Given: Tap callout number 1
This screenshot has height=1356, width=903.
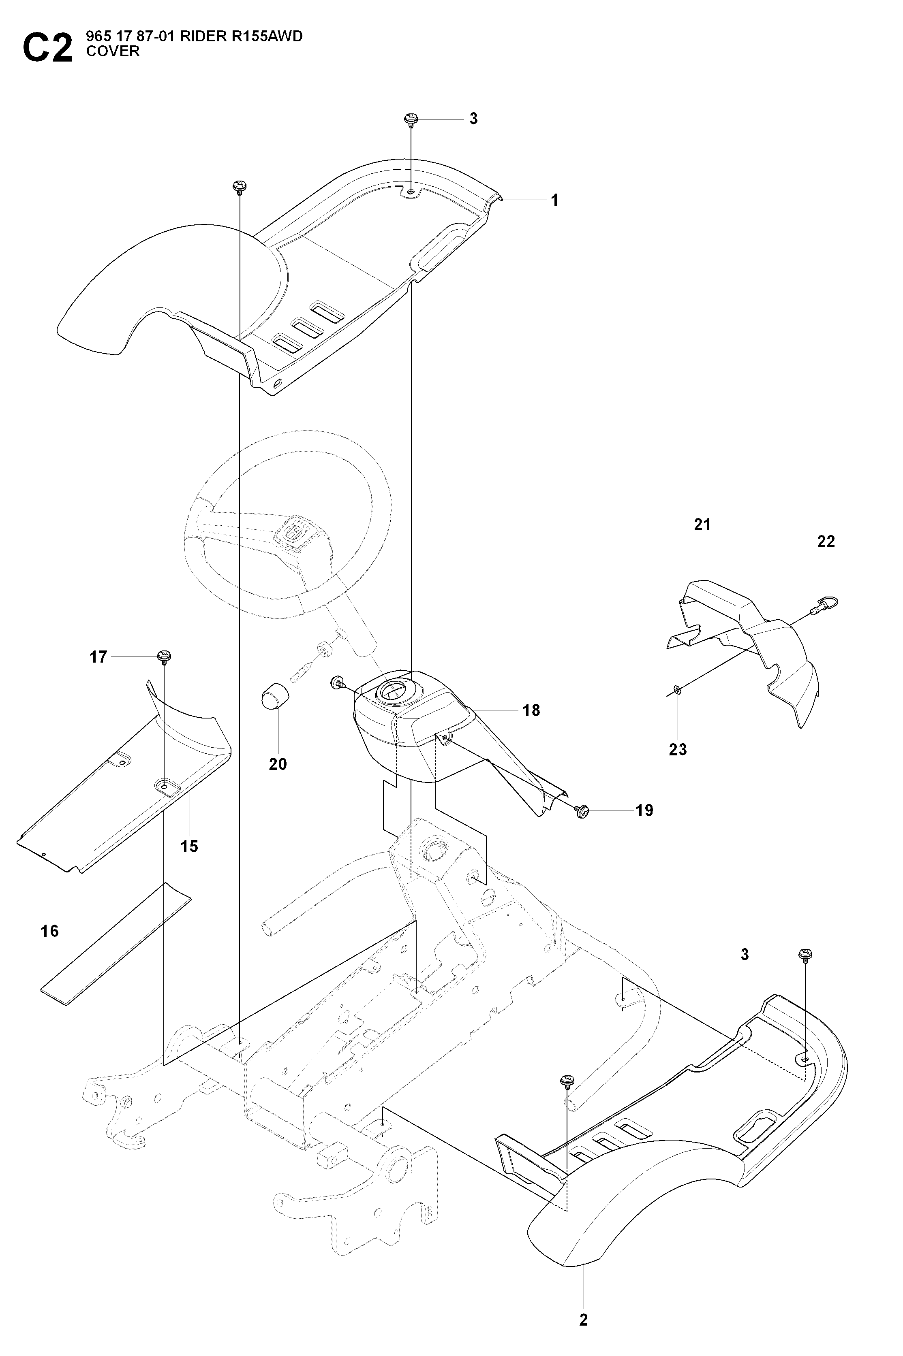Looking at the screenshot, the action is [x=554, y=200].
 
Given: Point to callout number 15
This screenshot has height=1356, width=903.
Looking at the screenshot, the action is [x=189, y=846].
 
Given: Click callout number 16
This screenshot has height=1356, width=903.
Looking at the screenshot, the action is [x=50, y=931].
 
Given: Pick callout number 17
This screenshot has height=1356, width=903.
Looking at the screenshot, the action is [x=98, y=657].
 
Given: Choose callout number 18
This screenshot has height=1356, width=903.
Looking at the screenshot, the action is [x=531, y=710].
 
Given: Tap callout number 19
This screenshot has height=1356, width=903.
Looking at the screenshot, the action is [x=644, y=810].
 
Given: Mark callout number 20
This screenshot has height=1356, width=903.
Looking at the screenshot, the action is [x=278, y=764].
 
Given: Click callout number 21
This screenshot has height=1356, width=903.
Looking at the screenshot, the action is [x=703, y=524].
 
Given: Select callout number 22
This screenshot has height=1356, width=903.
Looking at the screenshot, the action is [x=826, y=541].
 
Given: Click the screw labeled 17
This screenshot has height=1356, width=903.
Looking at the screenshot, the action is [x=165, y=656].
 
